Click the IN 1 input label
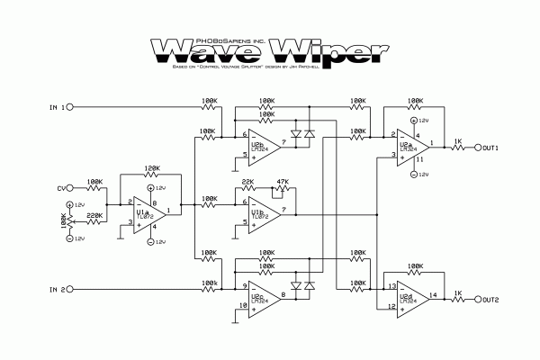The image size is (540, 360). (x=57, y=107)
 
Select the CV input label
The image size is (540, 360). (x=62, y=189)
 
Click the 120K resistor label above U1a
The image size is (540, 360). (x=150, y=168)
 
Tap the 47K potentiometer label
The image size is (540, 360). (x=285, y=183)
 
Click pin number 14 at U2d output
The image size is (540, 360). (x=434, y=294)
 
